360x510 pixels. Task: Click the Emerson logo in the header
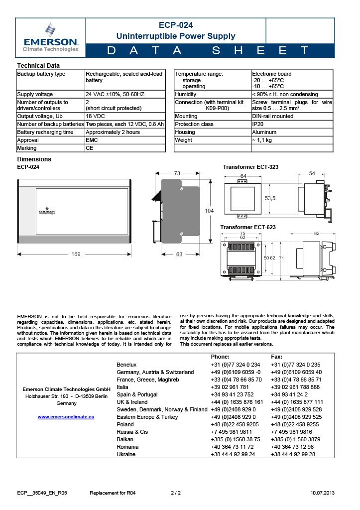(x=50, y=37)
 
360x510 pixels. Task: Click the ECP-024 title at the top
(x=176, y=25)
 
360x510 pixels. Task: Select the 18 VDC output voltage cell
(x=95, y=116)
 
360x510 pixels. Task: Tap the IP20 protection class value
(x=257, y=124)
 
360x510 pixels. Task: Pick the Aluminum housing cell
(x=264, y=132)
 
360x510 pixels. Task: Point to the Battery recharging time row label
(x=45, y=132)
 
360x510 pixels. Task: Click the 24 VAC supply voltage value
(x=115, y=94)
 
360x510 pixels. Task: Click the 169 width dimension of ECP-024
(x=76, y=254)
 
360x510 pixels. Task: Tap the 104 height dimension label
(x=209, y=211)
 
